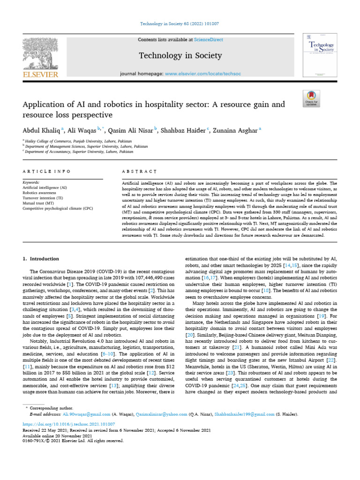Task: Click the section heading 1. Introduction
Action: coord(41,259)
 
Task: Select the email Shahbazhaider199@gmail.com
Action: coord(244,414)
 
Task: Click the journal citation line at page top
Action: coord(180,23)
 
